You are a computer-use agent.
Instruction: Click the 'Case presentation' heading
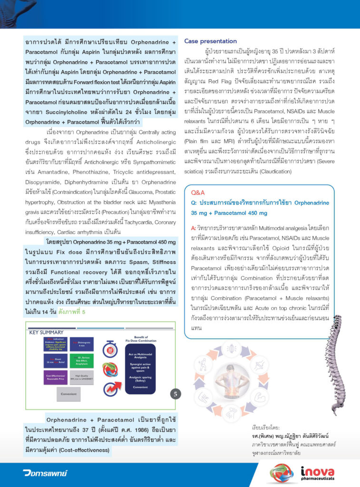click(x=210, y=41)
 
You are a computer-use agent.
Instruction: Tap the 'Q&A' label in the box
click(x=198, y=193)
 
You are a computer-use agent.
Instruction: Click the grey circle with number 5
click(x=175, y=393)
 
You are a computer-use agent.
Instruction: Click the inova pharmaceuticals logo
click(x=318, y=475)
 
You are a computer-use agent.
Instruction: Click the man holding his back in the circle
click(x=232, y=380)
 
